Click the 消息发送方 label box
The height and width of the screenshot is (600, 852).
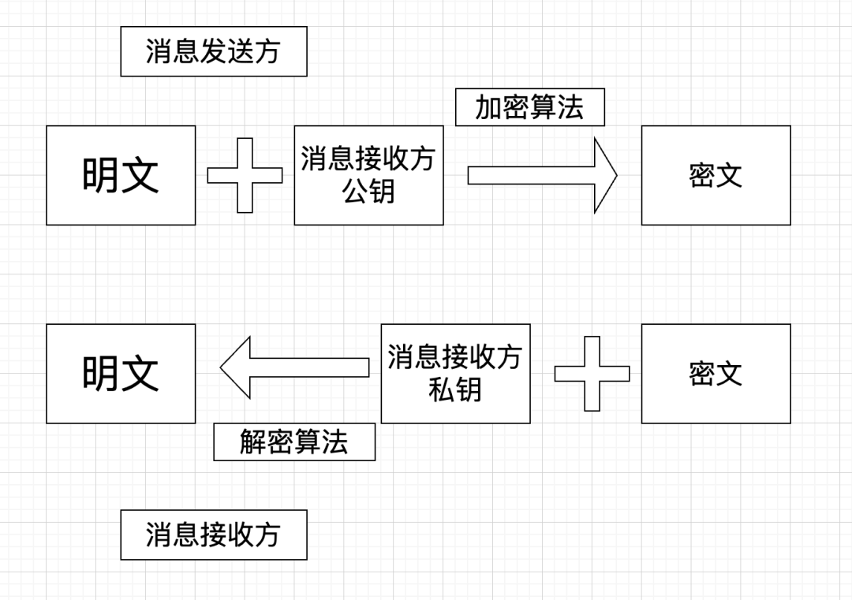pos(213,51)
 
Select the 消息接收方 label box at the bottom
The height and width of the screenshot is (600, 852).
pos(213,535)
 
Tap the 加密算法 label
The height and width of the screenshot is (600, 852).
pos(529,107)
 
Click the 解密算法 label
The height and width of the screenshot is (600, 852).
pos(294,442)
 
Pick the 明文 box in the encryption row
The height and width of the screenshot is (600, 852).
pos(121,175)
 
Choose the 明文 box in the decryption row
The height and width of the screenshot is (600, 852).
pos(121,374)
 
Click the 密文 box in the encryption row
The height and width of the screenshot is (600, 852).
pos(716,175)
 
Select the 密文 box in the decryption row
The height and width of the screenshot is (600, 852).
pos(716,374)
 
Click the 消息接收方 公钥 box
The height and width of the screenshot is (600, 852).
pos(368,175)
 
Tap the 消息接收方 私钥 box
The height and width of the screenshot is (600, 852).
pos(455,374)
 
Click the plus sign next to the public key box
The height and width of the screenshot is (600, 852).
pos(245,175)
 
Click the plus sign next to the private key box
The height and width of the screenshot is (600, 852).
pos(592,374)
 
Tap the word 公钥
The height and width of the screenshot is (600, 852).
pos(368,192)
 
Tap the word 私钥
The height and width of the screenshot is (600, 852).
pos(455,390)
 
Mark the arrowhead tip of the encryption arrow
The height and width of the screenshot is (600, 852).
pos(615,175)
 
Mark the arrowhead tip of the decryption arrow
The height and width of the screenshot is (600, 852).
pos(222,367)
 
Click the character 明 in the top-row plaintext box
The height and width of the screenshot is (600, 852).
pos(101,175)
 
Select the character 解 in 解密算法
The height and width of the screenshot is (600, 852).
pos(253,442)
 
